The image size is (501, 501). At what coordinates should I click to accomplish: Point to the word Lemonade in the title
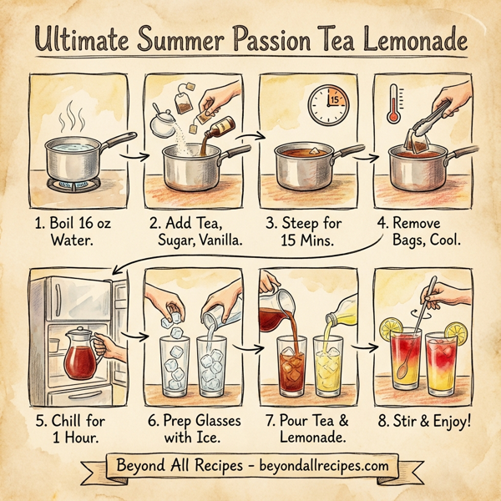414,39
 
